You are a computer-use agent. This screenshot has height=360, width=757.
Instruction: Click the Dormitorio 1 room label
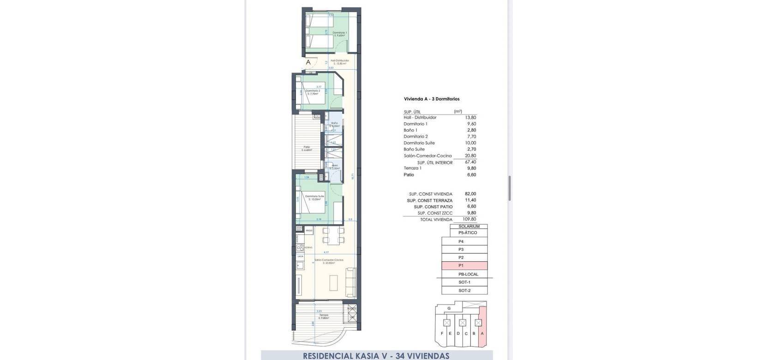point(340,34)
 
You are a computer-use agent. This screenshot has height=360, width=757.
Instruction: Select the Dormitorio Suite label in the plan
point(314,198)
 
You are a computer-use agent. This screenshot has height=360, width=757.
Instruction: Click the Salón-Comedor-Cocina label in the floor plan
point(329,261)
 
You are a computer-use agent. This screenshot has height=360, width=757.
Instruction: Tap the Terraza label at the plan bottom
point(323,316)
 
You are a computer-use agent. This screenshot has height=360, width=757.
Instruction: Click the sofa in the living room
point(351,282)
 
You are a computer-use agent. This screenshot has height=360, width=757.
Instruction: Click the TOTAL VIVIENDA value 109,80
point(469,220)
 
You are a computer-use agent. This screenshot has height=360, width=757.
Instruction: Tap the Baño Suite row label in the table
point(414,150)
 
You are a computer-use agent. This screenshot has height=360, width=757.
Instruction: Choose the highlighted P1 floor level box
point(464,266)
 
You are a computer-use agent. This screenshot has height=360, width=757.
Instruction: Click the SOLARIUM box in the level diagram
point(469,227)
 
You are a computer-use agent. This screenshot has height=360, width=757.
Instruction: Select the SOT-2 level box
point(464,291)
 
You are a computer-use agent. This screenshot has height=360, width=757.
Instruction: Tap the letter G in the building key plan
point(449,308)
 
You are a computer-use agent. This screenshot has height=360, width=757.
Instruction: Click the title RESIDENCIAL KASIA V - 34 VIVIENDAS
point(376,356)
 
